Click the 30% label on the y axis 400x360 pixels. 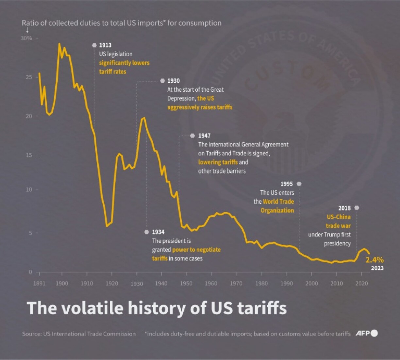click(x=26, y=38)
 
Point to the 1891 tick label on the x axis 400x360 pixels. click(x=39, y=283)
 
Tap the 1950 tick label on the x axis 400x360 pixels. click(x=186, y=283)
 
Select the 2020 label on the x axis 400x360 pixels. click(x=361, y=283)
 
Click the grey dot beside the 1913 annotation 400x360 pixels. click(x=94, y=45)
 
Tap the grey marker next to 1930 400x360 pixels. click(x=162, y=81)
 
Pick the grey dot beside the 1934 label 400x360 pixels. click(x=147, y=232)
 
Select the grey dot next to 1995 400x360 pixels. click(x=299, y=184)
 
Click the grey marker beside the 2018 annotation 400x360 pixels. click(x=357, y=208)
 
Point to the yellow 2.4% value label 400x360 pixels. click(x=375, y=260)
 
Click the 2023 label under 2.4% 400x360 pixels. click(x=377, y=268)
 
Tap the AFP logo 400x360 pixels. click(x=366, y=333)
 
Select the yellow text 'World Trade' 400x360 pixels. click(x=278, y=201)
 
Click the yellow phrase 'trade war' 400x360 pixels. click(x=338, y=226)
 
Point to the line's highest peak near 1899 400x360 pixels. click(x=59, y=43)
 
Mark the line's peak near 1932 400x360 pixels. click(x=144, y=118)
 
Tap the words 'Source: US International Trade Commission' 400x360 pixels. click(x=79, y=334)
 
